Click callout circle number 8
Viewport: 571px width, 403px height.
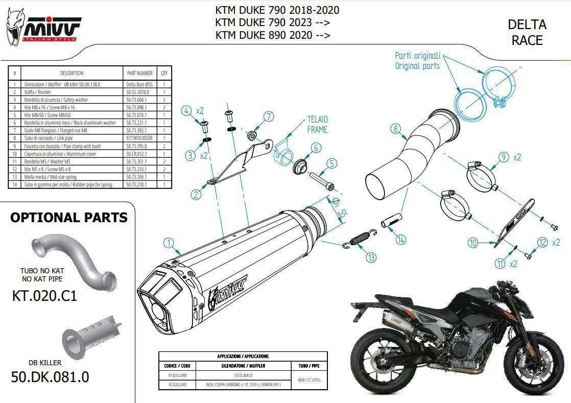[x=395, y=129]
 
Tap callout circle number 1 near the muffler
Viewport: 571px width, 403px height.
[x=169, y=243]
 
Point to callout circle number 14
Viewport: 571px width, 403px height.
[x=401, y=239]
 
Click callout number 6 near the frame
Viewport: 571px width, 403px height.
[x=316, y=148]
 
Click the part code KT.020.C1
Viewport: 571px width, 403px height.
[x=44, y=295]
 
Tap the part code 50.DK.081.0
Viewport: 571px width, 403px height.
[x=50, y=377]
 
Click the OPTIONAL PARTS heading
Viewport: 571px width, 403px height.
[x=69, y=218]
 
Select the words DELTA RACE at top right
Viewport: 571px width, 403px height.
[x=527, y=32]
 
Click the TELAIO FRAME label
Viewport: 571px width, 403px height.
[x=317, y=125]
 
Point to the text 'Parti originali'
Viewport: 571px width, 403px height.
[x=417, y=55]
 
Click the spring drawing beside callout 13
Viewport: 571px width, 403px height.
[x=360, y=239]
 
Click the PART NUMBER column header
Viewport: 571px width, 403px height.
[x=139, y=73]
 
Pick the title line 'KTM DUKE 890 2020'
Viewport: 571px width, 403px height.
[x=272, y=35]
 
